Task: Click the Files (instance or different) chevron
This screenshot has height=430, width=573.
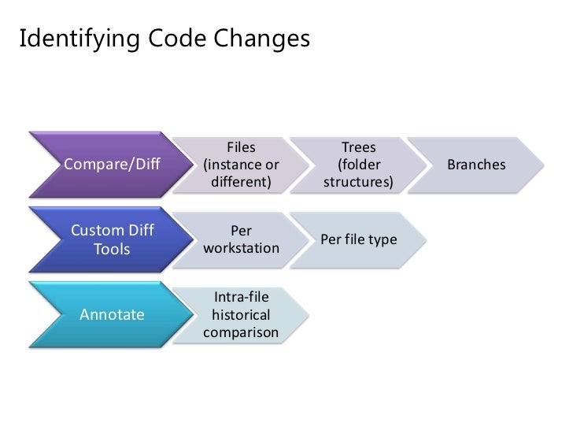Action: [241, 165]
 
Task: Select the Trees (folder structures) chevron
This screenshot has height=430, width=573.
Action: [358, 165]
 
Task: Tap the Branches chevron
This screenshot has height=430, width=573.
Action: [476, 165]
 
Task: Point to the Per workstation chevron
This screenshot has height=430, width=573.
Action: [241, 239]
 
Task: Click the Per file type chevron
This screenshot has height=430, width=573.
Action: [358, 239]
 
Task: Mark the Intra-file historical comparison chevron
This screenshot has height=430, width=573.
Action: [241, 315]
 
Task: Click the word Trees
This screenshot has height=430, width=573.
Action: [358, 147]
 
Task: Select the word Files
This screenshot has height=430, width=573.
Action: [241, 147]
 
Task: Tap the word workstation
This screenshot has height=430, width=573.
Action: [241, 248]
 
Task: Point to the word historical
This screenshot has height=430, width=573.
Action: [241, 315]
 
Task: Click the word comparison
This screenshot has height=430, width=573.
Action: [241, 332]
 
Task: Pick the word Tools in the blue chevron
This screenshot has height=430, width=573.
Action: [112, 249]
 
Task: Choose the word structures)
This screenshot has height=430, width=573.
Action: [358, 183]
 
